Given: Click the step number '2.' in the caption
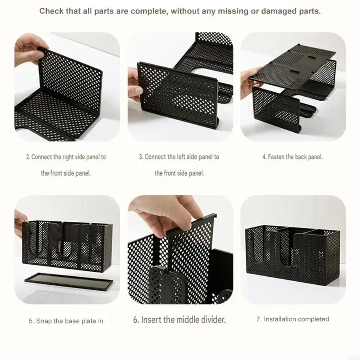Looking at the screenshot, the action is [x=28, y=157].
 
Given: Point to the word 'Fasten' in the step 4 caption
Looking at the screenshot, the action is [x=276, y=157].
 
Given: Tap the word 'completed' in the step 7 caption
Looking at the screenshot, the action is [x=313, y=319].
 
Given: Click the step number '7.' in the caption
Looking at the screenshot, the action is [x=259, y=319].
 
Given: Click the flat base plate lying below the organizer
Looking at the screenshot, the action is [x=69, y=281].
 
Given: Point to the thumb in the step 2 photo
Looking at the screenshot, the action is [x=39, y=55].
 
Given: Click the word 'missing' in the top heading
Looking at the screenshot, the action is [x=233, y=11].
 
